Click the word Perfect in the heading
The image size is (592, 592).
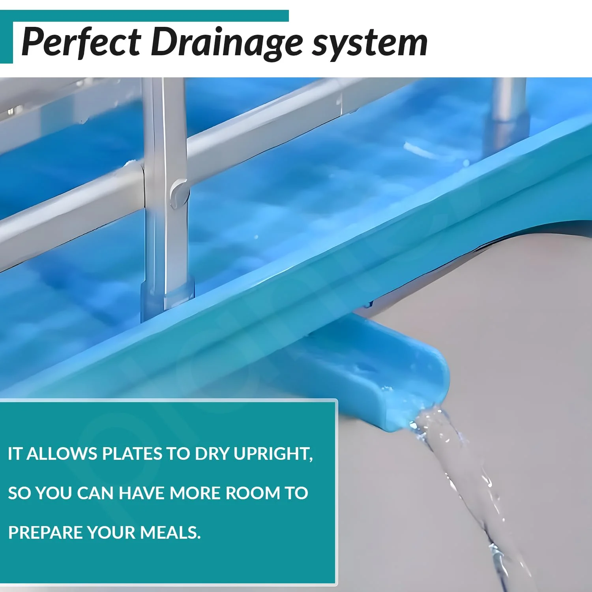[x=81, y=42]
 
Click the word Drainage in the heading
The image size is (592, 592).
[x=227, y=42]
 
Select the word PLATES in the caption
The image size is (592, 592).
[x=132, y=454]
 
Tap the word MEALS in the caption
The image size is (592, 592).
[x=170, y=533]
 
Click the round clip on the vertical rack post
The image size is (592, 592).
[x=179, y=193]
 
